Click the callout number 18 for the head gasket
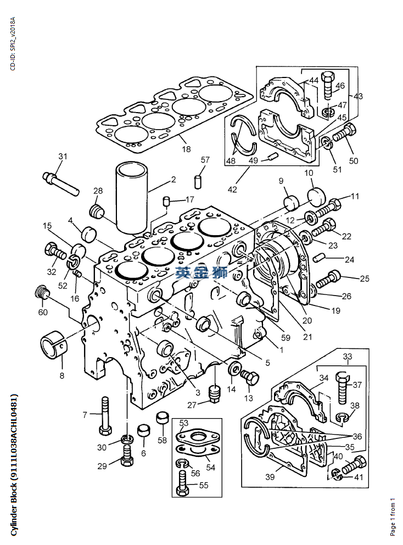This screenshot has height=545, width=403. coord(187,149)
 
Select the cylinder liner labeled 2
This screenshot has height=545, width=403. coord(132,198)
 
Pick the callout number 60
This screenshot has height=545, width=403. coord(43,312)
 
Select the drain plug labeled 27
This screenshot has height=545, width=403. coord(215,393)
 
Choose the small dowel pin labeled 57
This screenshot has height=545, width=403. coord(197,182)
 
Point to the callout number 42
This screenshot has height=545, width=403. coord(232,190)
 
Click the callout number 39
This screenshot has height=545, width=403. coord(270,477)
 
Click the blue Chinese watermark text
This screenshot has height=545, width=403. coord(201,272)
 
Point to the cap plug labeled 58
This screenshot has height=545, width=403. coord(162,418)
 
